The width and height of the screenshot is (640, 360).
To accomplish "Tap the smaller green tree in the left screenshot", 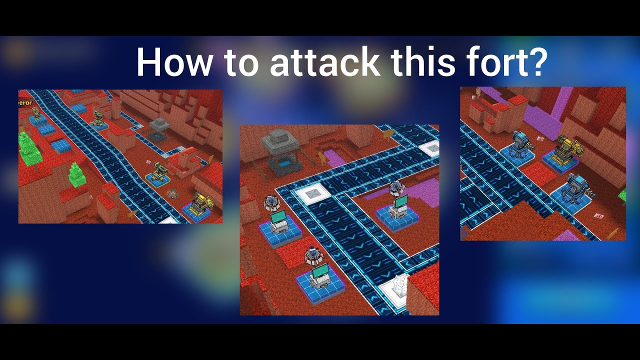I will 76,174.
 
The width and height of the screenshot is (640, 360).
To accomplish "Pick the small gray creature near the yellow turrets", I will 173,193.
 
